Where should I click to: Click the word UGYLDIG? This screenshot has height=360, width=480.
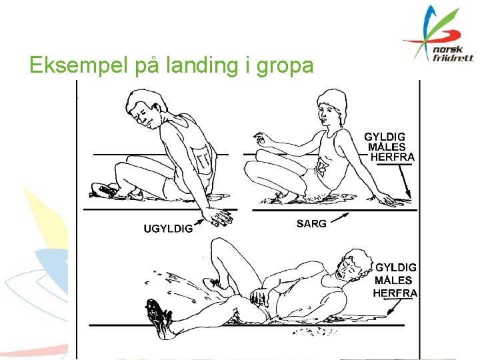169,229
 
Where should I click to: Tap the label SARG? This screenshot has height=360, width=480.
311,223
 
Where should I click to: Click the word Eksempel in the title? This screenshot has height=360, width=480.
79,65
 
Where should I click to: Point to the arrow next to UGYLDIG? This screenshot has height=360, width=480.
199,221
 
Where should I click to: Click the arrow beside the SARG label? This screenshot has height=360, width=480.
340,217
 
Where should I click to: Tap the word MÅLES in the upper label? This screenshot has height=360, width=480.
387,147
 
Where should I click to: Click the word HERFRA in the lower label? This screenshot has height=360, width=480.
395,293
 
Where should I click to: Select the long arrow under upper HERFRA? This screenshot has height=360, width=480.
405,182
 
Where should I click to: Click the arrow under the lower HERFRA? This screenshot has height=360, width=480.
394,307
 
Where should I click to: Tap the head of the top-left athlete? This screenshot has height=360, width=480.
146,108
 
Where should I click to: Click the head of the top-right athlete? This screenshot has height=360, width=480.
332,107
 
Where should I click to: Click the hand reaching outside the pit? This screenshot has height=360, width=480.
218,217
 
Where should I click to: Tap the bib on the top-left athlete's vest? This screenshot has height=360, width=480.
203,159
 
